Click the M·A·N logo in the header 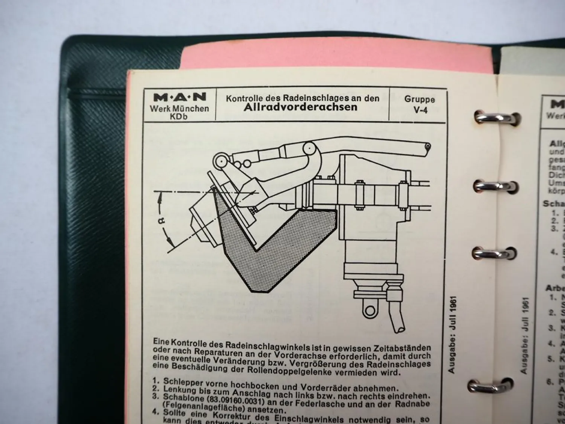(180, 97)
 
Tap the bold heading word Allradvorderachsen (300, 107)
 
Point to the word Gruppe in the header (420, 99)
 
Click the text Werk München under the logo (179, 109)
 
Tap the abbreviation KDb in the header (179, 116)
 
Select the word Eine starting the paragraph (161, 341)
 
